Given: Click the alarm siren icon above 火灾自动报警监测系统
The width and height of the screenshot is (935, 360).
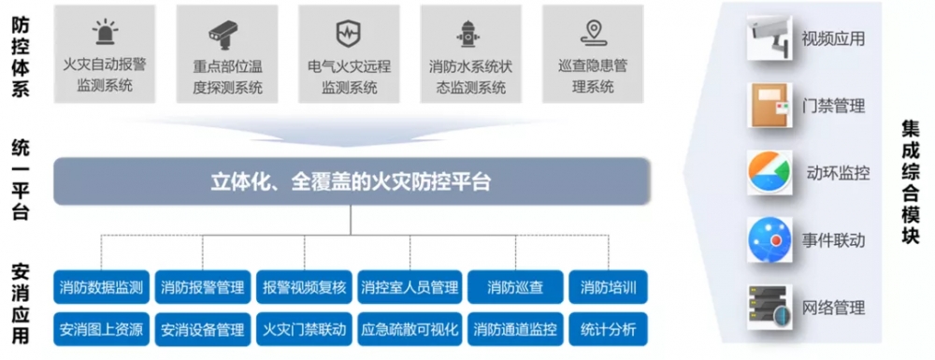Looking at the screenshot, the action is click(x=105, y=33).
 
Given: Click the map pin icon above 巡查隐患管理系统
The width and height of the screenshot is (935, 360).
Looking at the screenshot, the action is click(x=591, y=33).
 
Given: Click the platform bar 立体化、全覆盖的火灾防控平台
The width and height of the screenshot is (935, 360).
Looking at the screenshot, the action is click(x=351, y=180).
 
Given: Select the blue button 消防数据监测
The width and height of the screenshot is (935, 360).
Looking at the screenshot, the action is click(x=101, y=287).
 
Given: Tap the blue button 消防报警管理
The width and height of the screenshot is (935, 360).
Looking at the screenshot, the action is click(x=202, y=287).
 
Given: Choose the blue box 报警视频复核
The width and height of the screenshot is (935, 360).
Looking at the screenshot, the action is click(x=305, y=287).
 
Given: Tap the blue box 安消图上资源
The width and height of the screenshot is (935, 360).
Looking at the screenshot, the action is click(x=101, y=329).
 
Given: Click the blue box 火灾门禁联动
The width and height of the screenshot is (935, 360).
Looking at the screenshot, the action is click(x=305, y=329).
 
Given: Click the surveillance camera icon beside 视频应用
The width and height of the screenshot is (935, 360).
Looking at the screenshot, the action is click(x=770, y=37).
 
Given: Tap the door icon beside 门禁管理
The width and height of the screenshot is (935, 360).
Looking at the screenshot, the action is click(x=770, y=106).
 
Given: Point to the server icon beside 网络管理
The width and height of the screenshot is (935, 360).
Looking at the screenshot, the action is click(x=770, y=307).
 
